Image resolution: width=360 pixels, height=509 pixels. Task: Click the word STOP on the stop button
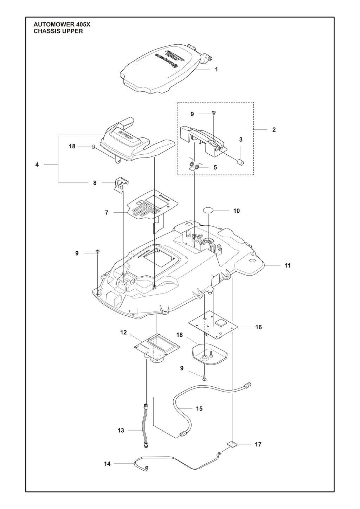tap(126, 136)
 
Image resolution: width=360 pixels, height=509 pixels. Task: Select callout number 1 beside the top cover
tap(217, 70)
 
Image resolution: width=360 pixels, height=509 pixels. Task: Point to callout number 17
tap(258, 444)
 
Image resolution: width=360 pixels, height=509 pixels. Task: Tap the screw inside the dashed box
tap(214, 113)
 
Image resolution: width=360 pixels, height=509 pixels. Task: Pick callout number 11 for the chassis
tap(288, 265)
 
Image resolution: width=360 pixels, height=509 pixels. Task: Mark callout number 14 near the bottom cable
tap(107, 464)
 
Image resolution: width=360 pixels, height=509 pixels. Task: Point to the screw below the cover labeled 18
tap(205, 378)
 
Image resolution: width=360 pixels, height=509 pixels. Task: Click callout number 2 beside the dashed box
tap(274, 130)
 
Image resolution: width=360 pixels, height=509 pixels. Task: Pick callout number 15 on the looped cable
tap(199, 408)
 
